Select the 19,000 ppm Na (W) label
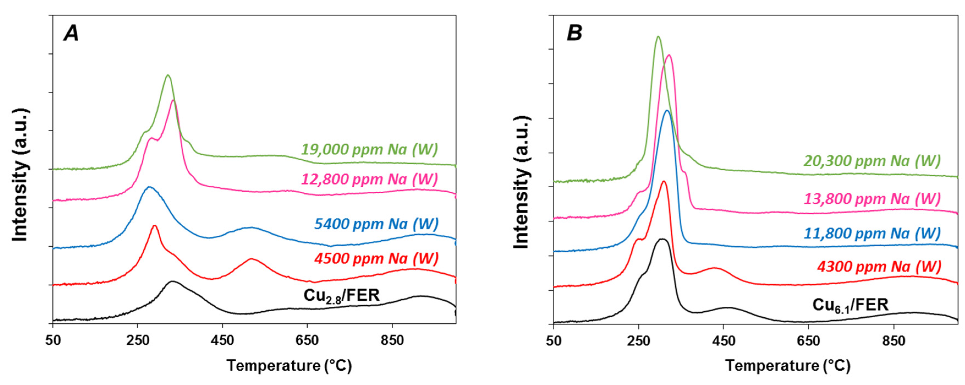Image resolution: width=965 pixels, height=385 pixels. point(370,150)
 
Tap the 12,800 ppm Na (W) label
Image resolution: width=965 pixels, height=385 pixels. point(370,179)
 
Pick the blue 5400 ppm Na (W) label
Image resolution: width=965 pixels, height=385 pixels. point(376,224)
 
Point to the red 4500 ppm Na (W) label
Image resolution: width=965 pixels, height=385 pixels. point(376,259)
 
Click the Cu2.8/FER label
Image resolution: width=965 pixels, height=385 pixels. point(342,296)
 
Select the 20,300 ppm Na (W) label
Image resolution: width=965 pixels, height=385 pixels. point(872,161)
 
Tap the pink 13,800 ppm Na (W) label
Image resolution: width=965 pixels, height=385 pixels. point(872,199)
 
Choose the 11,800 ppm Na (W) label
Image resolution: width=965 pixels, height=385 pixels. point(872,233)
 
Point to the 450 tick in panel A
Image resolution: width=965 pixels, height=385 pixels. point(222,341)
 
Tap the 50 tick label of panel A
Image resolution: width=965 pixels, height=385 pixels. point(53,341)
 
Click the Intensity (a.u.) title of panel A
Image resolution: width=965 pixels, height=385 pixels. point(20,175)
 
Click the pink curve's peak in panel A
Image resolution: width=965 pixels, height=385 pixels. point(173,100)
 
